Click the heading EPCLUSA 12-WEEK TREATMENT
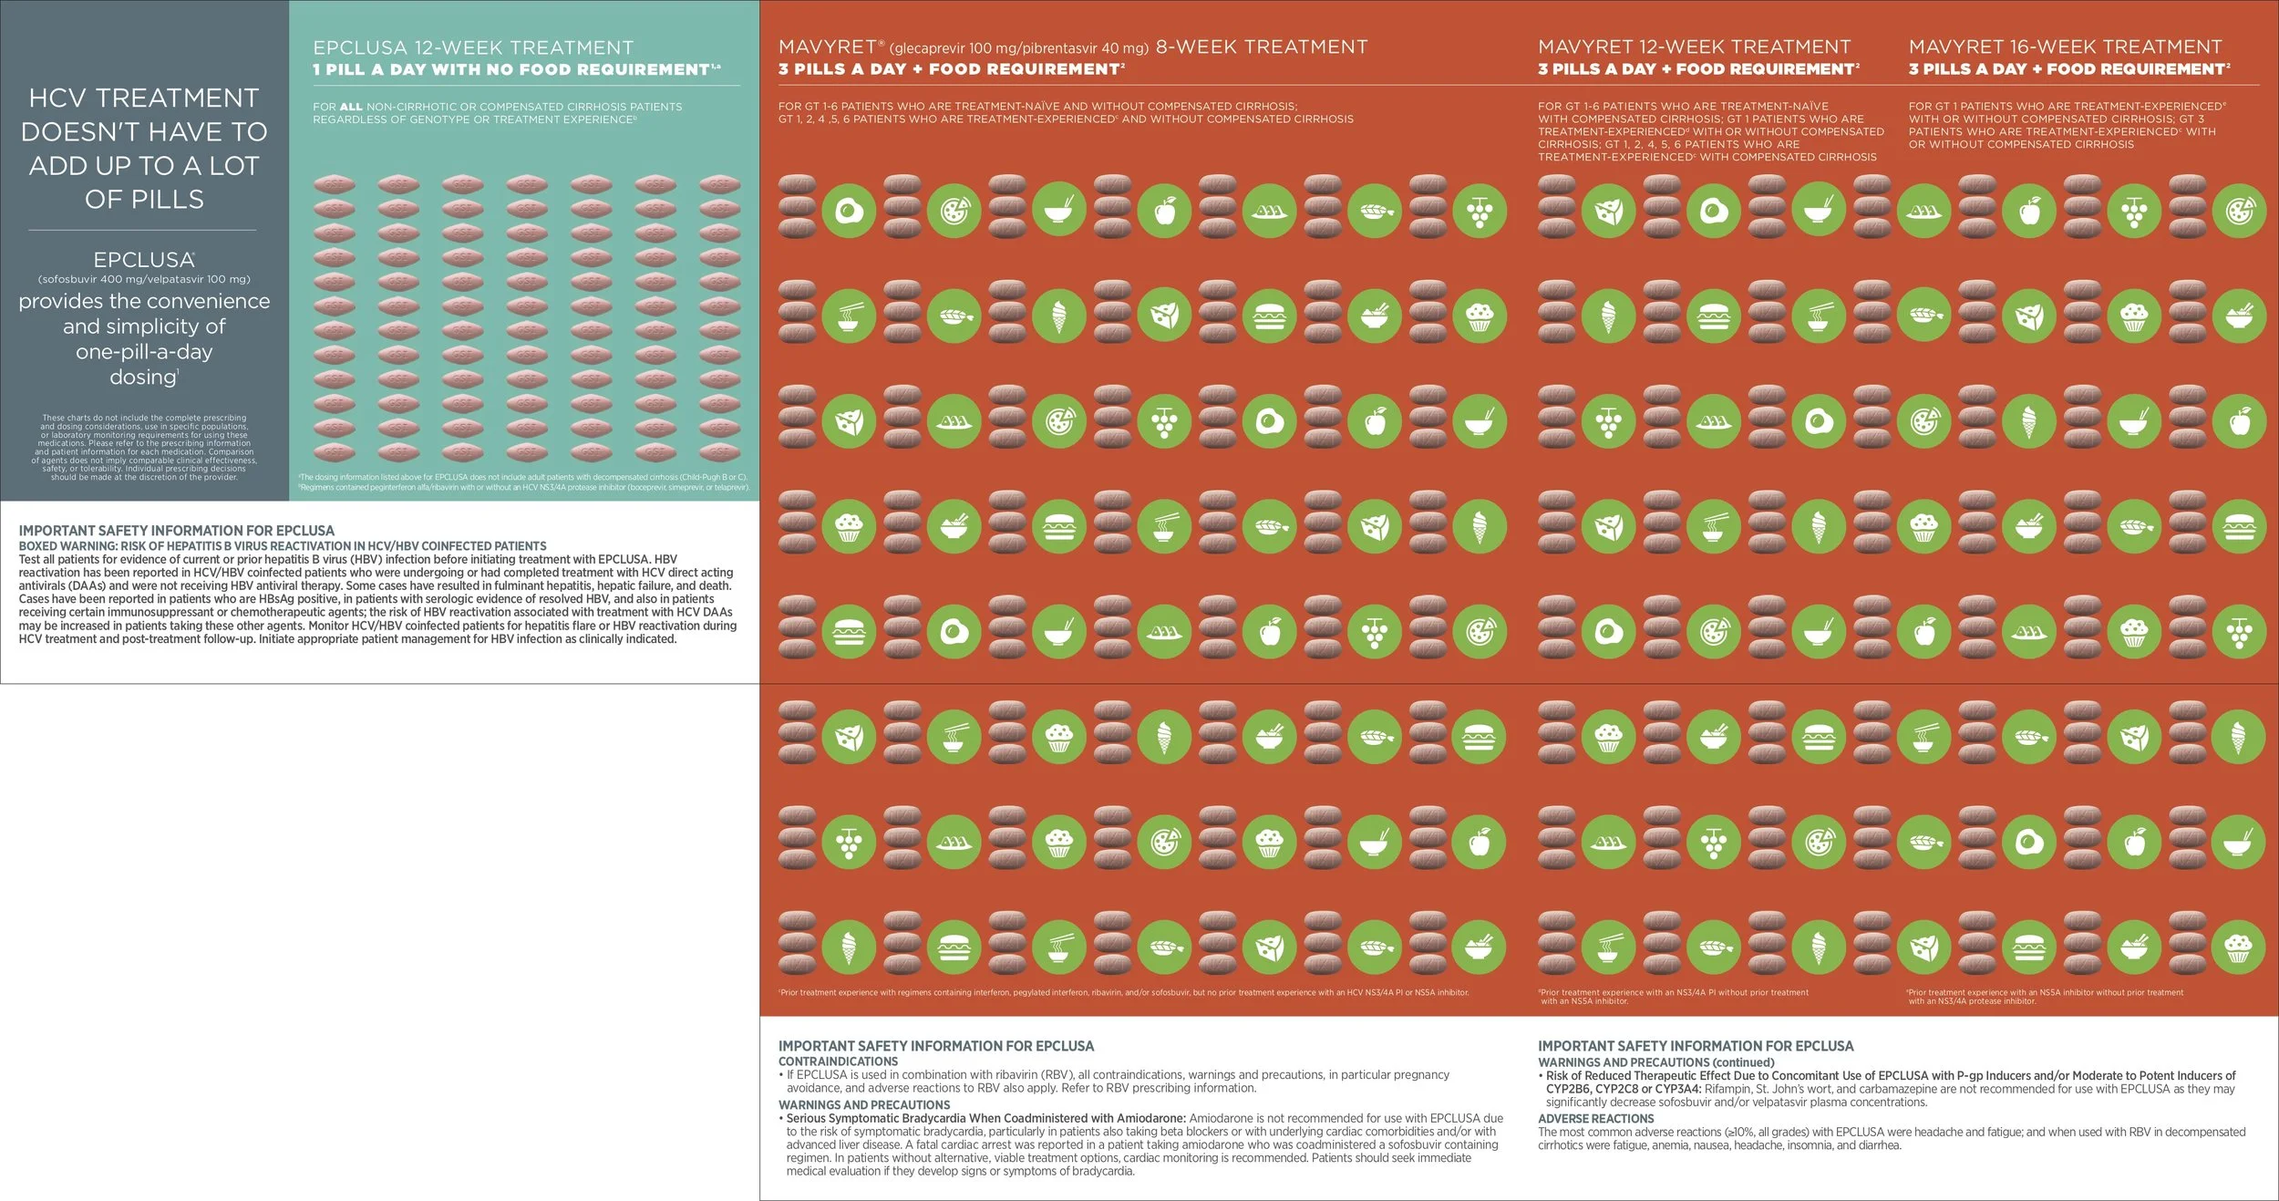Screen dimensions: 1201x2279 point(473,47)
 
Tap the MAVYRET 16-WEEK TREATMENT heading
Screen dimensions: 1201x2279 point(2065,47)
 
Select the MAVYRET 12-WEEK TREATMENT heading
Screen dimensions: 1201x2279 point(1694,47)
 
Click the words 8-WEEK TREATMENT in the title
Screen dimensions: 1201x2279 point(1262,47)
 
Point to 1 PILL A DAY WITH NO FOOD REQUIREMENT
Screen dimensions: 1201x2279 point(511,69)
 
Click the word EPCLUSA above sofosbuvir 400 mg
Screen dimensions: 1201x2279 point(143,260)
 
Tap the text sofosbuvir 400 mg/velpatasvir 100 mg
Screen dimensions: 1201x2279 point(144,279)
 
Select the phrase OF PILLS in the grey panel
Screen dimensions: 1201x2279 point(144,199)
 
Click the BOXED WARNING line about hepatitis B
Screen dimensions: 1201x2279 point(283,546)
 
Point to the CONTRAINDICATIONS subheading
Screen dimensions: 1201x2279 point(838,1061)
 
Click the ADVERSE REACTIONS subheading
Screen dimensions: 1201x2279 point(1595,1119)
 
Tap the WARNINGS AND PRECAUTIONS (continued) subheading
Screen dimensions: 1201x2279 point(1655,1062)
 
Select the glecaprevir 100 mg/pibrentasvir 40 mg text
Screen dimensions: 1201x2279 point(1018,48)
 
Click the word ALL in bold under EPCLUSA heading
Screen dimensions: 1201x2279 point(351,107)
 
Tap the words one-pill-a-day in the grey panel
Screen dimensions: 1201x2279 point(144,351)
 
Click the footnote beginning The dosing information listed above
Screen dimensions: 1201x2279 point(522,477)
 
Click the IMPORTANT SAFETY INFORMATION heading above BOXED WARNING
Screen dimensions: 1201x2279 point(176,530)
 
